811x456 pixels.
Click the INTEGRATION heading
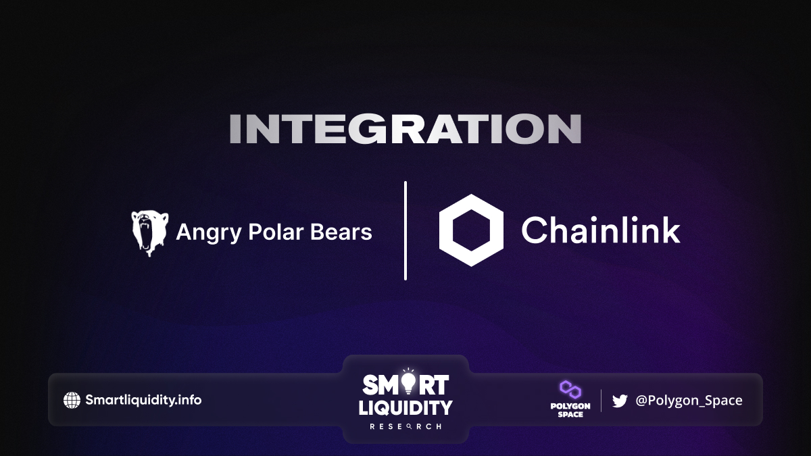pyautogui.click(x=405, y=129)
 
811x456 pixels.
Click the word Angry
pyautogui.click(x=209, y=232)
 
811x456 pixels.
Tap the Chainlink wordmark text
pyautogui.click(x=601, y=230)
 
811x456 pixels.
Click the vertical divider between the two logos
pyautogui.click(x=405, y=230)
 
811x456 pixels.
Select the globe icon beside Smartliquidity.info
pyautogui.click(x=72, y=400)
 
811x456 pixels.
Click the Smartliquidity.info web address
pyautogui.click(x=143, y=400)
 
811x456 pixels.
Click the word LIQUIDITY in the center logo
pyautogui.click(x=405, y=408)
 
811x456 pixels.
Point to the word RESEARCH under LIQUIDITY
pyautogui.click(x=405, y=427)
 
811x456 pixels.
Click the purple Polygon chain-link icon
pyautogui.click(x=570, y=390)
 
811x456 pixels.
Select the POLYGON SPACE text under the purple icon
pyautogui.click(x=570, y=410)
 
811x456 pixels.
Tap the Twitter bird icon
pyautogui.click(x=620, y=401)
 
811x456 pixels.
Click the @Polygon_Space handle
pyautogui.click(x=689, y=400)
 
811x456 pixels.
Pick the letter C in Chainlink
pyautogui.click(x=535, y=230)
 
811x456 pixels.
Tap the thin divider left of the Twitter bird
pyautogui.click(x=601, y=401)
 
